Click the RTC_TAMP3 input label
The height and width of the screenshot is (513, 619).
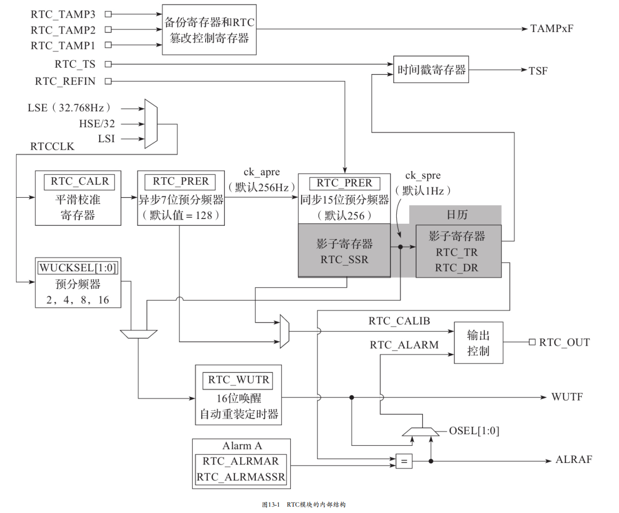(x=63, y=14)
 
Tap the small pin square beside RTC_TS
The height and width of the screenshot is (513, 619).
(x=108, y=64)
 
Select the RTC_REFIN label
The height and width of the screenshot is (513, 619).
(x=65, y=82)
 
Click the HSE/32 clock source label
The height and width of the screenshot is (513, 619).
(x=97, y=124)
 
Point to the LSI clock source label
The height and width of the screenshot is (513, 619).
(x=106, y=139)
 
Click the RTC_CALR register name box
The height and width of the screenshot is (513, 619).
(x=79, y=182)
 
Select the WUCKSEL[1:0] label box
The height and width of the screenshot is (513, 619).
(x=78, y=268)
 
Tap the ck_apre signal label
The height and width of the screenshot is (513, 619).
(x=262, y=172)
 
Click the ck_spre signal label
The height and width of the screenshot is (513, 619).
(x=423, y=175)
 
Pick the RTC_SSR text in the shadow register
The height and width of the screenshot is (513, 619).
(x=344, y=259)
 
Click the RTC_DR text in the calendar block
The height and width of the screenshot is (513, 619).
(x=457, y=268)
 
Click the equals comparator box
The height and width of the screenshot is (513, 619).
(x=404, y=461)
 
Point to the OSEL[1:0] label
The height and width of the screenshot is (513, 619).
(x=474, y=431)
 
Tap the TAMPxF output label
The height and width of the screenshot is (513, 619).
(x=551, y=28)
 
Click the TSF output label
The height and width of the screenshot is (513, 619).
(x=538, y=71)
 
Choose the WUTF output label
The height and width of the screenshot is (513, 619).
(x=567, y=397)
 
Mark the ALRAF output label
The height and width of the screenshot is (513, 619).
(x=574, y=460)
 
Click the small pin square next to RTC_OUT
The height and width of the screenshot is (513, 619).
(x=532, y=342)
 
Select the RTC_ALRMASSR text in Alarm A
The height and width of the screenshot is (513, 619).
(x=241, y=477)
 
